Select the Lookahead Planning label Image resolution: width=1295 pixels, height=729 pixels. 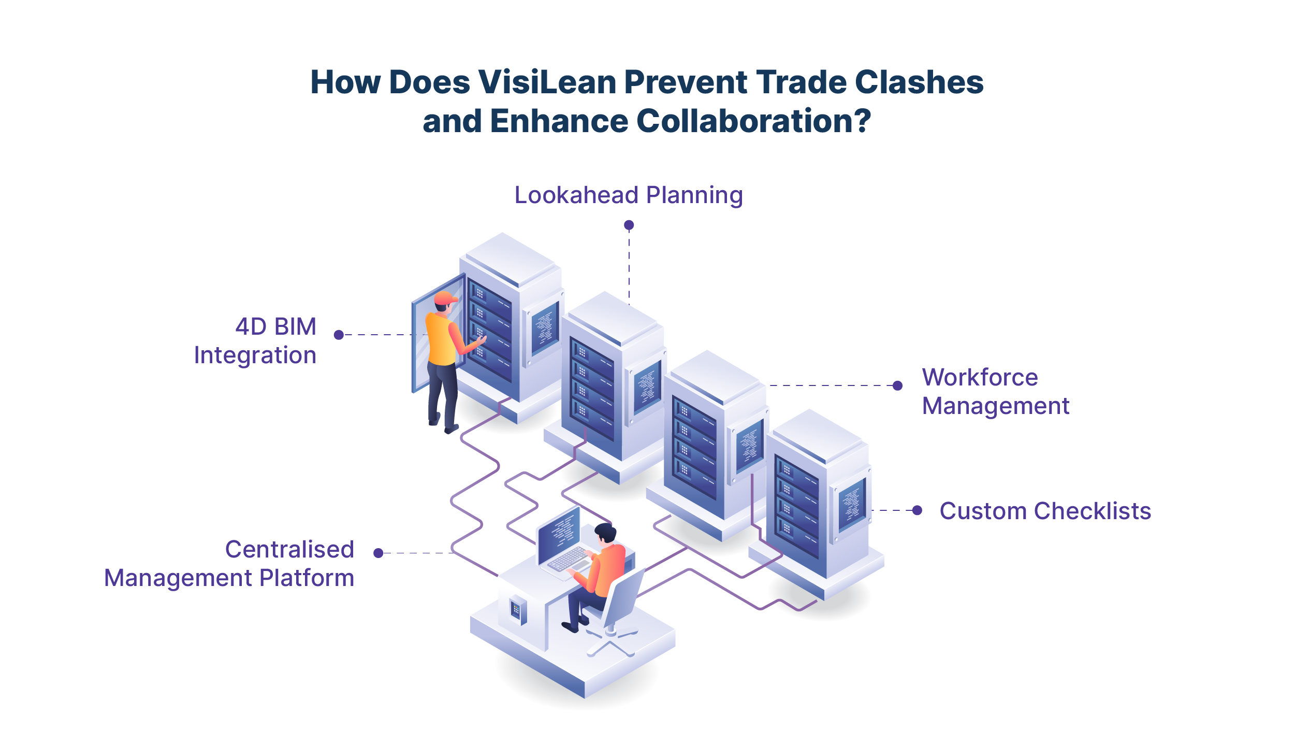coord(629,195)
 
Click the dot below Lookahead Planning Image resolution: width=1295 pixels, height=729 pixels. coord(629,225)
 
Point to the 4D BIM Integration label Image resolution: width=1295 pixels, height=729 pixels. coord(255,341)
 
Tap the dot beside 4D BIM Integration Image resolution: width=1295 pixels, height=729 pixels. coord(339,335)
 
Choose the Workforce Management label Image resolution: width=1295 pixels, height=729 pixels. coord(995,392)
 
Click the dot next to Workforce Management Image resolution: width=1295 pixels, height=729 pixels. coord(898,385)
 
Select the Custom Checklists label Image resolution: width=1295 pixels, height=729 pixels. coord(1045,511)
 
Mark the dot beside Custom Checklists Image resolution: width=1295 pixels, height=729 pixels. coord(917,510)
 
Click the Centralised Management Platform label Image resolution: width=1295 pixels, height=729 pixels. coord(229,564)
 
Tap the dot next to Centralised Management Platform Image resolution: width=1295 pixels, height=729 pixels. coord(379,553)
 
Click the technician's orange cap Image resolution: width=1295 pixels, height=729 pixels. coord(445,298)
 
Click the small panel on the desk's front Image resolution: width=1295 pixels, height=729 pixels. coord(516,609)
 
